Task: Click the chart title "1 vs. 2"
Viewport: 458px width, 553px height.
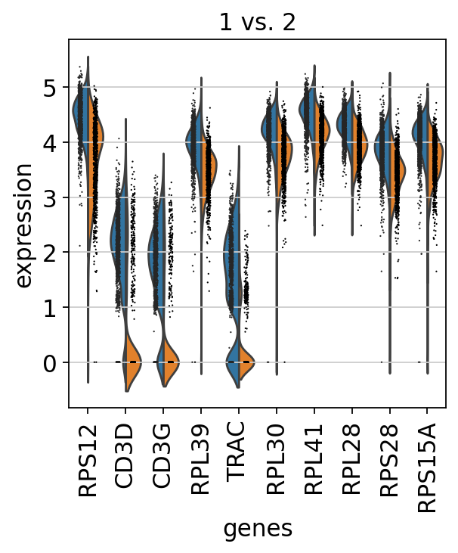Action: tap(258, 23)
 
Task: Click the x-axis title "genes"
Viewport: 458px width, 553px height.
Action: tap(258, 529)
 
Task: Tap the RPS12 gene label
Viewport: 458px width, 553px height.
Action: tap(87, 456)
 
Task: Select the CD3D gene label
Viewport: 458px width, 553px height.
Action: tap(125, 456)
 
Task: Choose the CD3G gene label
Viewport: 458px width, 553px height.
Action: tap(162, 456)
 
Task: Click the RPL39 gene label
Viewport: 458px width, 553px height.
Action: tap(201, 456)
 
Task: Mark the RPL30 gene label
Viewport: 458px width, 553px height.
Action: tap(277, 456)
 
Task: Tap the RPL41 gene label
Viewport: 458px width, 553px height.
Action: tap(314, 456)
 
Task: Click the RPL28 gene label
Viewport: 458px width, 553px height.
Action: tap(352, 456)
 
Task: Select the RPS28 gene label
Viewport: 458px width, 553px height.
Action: tap(390, 456)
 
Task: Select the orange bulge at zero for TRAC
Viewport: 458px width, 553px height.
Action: tap(246, 362)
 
